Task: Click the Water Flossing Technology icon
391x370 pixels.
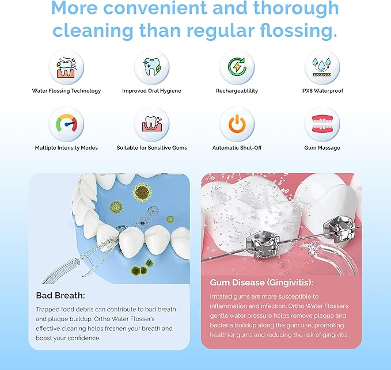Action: point(66,67)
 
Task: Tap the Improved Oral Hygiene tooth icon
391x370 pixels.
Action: point(151,67)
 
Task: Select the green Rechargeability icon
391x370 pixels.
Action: point(237,67)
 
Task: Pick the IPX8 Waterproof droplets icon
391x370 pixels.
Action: point(322,67)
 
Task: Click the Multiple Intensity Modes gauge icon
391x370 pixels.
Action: point(66,124)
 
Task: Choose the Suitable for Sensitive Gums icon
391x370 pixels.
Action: point(151,124)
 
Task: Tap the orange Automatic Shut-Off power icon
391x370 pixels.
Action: point(237,124)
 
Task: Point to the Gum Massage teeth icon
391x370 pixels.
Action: point(322,124)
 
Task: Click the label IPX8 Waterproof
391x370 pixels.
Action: point(322,91)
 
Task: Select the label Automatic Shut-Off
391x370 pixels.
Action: point(237,148)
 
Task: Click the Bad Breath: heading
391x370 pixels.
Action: point(60,295)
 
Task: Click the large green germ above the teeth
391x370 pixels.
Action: point(141,192)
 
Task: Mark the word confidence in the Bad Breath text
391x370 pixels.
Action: point(84,338)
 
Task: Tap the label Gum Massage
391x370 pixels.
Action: point(322,148)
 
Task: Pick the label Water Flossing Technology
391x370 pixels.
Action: point(66,91)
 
